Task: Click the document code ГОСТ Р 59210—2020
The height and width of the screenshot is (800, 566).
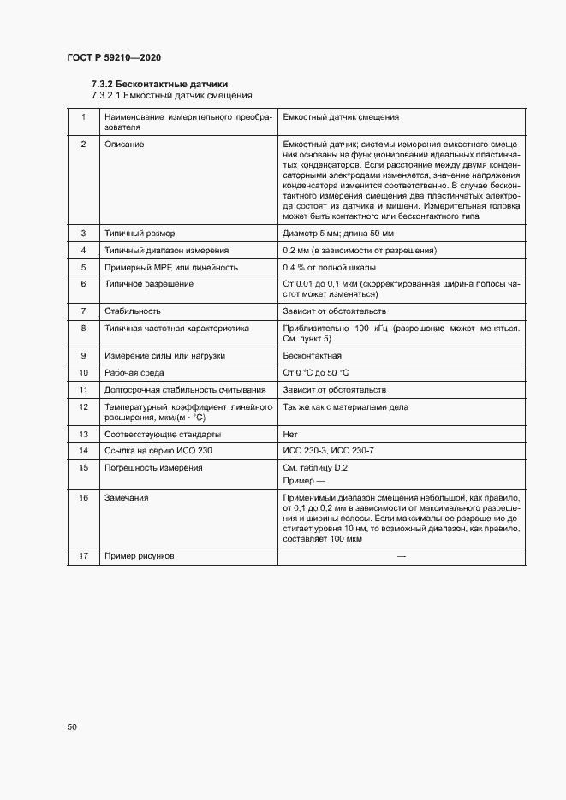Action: tap(114, 57)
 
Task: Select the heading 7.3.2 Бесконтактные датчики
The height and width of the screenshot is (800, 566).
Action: tap(159, 84)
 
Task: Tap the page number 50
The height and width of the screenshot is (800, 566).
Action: tap(72, 726)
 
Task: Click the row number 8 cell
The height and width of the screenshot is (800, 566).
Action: tap(84, 328)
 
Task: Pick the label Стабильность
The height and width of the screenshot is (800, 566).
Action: tap(132, 311)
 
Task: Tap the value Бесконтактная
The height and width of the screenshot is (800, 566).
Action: tap(312, 355)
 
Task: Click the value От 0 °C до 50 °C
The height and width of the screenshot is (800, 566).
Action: tap(315, 373)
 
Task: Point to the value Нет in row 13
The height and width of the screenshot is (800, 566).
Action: tap(289, 434)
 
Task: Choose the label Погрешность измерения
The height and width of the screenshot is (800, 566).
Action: tap(152, 468)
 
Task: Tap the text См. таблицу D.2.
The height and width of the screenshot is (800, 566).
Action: tap(316, 468)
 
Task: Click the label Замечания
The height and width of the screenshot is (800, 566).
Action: tap(126, 497)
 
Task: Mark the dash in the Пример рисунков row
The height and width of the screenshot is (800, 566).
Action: tap(402, 556)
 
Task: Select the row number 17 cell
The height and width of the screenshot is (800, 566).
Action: tap(84, 556)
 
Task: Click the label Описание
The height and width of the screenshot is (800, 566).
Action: tap(124, 145)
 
